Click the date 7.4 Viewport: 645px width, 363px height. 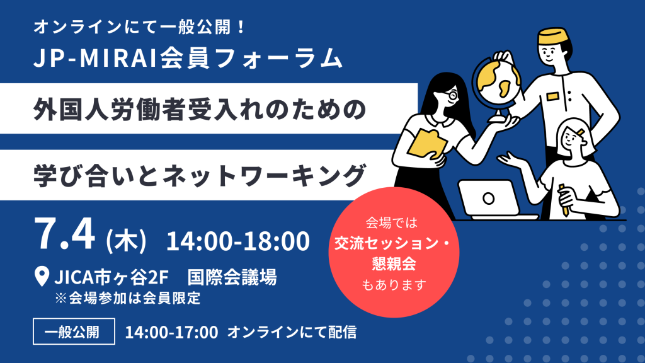point(65,234)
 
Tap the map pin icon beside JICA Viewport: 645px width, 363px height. point(42,276)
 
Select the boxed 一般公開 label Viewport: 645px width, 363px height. point(74,331)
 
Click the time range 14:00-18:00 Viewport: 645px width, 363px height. point(237,241)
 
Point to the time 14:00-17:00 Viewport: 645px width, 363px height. point(171,332)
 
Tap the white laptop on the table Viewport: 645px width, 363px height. point(494,200)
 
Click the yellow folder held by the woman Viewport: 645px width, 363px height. point(428,144)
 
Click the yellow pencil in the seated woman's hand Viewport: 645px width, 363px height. point(564,200)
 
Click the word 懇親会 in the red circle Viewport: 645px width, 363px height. point(394,263)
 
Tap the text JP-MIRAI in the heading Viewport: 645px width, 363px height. point(95,57)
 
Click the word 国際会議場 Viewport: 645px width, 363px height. point(232,277)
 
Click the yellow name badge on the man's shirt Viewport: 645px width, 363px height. point(552,96)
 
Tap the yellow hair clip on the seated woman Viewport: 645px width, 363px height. point(580,132)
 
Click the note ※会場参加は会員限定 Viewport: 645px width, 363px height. point(128,298)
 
